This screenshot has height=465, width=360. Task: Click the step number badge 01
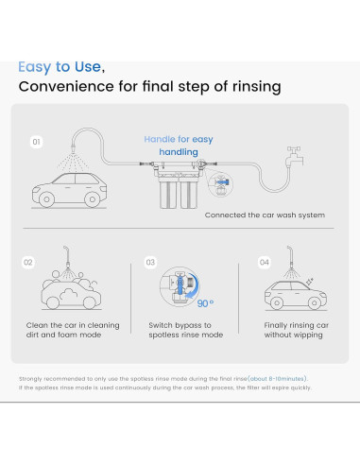coord(37,142)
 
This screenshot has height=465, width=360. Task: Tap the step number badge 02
coord(28,263)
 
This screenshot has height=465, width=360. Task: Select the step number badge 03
coord(150,263)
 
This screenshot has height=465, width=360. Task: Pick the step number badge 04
coord(265,263)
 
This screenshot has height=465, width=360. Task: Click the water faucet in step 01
coord(295,156)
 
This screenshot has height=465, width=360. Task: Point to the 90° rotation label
coord(205,303)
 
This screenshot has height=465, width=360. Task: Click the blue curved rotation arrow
coord(193,286)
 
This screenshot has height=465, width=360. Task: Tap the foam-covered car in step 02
coord(71,291)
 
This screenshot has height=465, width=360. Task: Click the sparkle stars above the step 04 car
coord(310,282)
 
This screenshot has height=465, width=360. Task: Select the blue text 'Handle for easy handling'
coord(179,146)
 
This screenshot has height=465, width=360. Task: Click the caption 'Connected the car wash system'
coord(265,215)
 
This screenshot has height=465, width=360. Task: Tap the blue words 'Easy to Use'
coord(60,67)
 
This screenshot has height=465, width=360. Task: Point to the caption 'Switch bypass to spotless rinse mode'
coord(186,330)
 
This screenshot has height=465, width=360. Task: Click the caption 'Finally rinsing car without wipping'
coord(297,330)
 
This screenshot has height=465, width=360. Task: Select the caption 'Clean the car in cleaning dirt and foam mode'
coord(73,330)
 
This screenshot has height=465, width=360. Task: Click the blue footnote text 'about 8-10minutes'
coord(277,379)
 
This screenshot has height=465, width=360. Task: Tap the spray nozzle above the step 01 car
coord(74,147)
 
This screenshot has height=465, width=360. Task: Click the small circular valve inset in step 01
coord(221,184)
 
